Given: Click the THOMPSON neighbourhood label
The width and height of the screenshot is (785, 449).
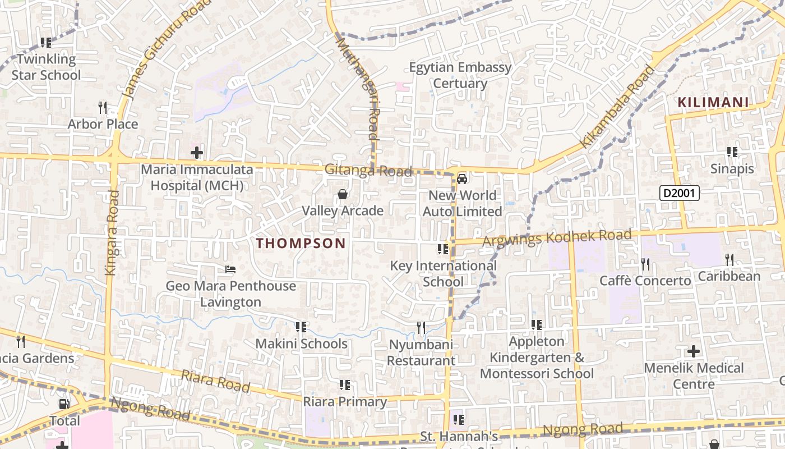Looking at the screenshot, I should coord(301,244).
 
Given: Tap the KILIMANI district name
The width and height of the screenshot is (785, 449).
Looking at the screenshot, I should coord(713,103).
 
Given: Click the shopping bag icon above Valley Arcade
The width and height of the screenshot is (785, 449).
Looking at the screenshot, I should coord(342,195).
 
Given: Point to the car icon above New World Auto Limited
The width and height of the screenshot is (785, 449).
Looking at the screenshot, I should coord(461,179).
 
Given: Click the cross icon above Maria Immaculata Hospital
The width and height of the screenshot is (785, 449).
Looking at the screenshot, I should coord(196,153).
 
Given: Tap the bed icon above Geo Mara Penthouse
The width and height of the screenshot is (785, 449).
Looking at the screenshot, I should coord(230,269).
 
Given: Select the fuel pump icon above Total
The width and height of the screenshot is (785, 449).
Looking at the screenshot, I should coord(64,404).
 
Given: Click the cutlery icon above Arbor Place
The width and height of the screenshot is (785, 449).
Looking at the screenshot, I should coord(102,107).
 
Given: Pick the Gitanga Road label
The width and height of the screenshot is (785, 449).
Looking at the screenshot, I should coord(368,171).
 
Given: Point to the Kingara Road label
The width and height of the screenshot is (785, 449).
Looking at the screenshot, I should coord(112,232).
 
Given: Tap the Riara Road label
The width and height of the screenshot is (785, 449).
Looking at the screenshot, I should coord(215,381).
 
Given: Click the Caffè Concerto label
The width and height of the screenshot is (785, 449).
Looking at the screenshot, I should coord(645,281).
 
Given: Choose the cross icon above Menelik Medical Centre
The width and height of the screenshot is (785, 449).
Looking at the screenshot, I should coord(694,352).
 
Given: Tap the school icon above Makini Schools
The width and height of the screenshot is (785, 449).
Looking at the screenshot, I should coord(301,327).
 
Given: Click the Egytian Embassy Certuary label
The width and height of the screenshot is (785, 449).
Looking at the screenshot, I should coord(460,75).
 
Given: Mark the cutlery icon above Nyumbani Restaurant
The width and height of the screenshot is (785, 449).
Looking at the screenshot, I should coord(421,327).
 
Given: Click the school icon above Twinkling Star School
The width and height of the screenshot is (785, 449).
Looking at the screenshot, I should coord(46,42).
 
